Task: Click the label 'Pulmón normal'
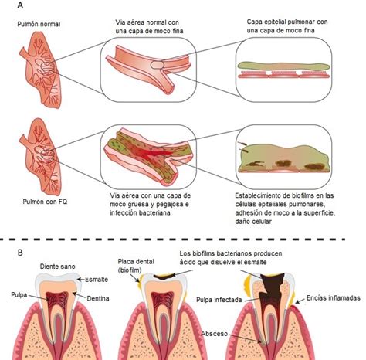(x=39, y=24)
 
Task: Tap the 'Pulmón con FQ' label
(x=45, y=202)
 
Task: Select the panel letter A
(x=20, y=5)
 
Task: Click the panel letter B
(x=20, y=253)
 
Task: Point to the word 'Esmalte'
(x=97, y=280)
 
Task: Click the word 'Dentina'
(x=98, y=298)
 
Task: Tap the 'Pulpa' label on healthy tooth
(x=19, y=295)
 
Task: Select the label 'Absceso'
(x=214, y=334)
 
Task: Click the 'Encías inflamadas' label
(x=334, y=298)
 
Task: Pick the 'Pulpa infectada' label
(x=219, y=300)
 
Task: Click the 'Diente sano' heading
(x=57, y=267)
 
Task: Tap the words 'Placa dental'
(x=136, y=262)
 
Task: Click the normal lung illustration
(x=41, y=70)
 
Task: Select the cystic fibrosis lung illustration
(x=41, y=157)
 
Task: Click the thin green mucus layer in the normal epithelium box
(x=283, y=66)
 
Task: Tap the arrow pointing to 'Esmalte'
(x=81, y=279)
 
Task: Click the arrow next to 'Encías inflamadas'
(x=300, y=301)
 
